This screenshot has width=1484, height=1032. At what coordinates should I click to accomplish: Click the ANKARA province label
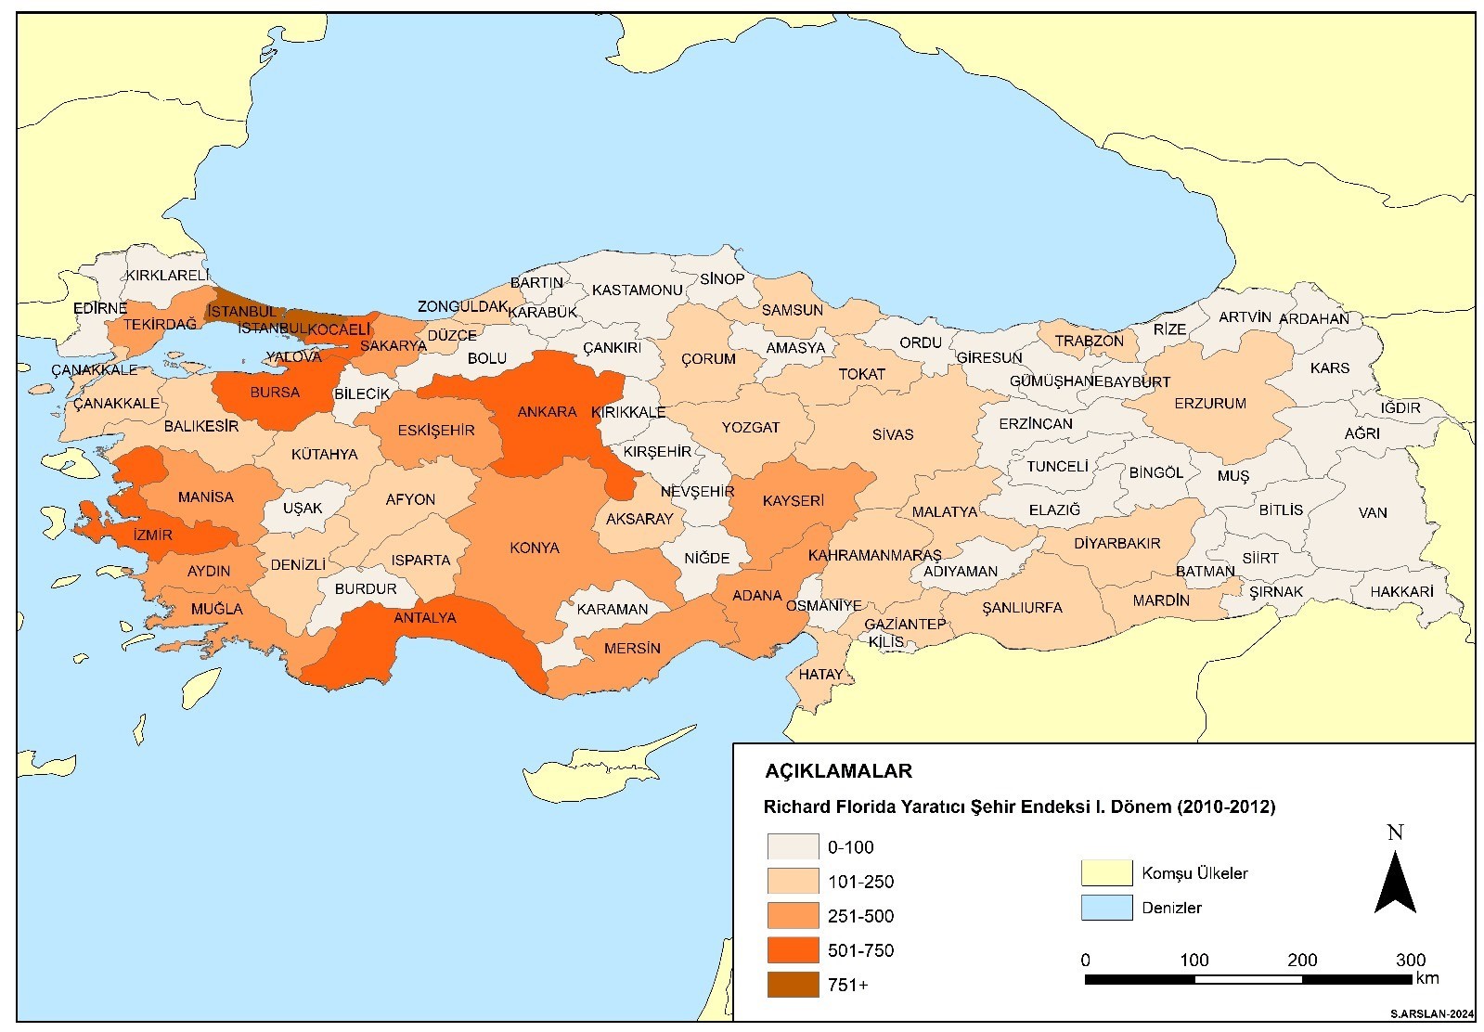547,412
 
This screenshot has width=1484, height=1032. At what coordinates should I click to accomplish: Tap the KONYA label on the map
535,548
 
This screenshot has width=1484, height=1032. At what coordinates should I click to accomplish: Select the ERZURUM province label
1209,404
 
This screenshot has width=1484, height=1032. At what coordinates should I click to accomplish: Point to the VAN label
1372,512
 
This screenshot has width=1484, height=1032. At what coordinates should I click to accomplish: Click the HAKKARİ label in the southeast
1402,591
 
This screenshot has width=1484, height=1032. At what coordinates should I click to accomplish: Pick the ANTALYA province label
425,617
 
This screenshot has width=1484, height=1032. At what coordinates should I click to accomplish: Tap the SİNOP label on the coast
722,279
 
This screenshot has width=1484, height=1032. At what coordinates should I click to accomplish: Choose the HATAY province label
820,675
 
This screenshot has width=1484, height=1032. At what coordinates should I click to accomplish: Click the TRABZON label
1089,341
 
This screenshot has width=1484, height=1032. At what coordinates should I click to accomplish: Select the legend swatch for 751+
793,985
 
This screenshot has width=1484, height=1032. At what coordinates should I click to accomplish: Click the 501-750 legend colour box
793,950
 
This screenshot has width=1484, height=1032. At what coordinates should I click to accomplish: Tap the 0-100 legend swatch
793,846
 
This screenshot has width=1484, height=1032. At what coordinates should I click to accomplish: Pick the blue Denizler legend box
1106,908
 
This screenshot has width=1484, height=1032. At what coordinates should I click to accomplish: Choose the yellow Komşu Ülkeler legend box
1106,873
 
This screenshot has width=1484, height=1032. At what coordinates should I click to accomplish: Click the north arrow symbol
1394,882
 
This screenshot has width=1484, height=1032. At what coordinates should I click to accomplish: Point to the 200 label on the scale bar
1302,960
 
